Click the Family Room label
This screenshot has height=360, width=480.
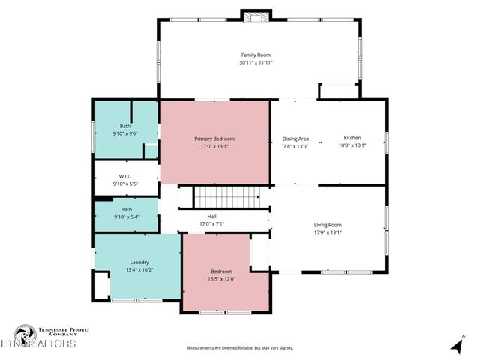coord(256,55)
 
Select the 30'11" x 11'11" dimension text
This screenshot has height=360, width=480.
coord(256,63)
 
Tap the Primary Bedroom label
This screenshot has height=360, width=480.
coord(214,139)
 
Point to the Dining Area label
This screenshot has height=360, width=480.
coord(295,139)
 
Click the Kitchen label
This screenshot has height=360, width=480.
coord(352,139)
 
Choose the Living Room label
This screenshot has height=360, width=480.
coord(328,225)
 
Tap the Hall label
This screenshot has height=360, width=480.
coord(212,216)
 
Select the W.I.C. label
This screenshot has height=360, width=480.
coord(125,177)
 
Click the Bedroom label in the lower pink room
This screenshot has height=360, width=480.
coord(221,271)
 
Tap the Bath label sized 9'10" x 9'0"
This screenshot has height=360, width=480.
coord(125,126)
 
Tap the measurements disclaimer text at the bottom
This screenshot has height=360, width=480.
coord(240,348)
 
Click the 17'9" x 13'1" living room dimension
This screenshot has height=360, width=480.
coord(328,232)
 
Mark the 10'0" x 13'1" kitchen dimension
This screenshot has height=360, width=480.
coord(352,146)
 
